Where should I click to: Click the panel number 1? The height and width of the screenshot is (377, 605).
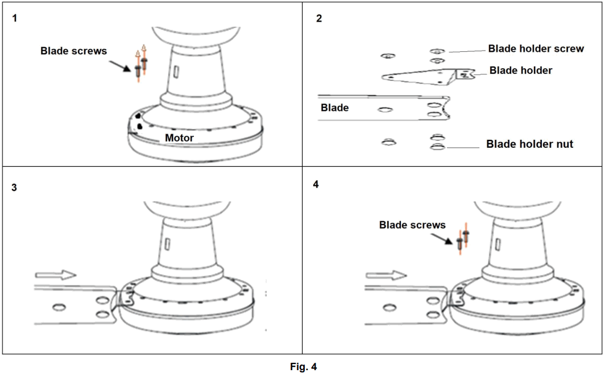pyautogui.click(x=15, y=18)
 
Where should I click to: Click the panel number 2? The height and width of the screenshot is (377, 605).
pyautogui.click(x=319, y=18)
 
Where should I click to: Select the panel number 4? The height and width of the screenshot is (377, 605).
pyautogui.click(x=316, y=185)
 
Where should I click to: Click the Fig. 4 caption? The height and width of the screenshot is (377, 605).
pyautogui.click(x=303, y=367)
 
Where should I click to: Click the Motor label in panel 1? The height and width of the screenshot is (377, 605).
pyautogui.click(x=179, y=138)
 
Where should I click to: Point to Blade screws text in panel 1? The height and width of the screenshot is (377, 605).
pyautogui.click(x=73, y=51)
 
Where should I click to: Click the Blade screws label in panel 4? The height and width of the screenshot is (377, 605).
pyautogui.click(x=412, y=225)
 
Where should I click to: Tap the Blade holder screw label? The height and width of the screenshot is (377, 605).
pyautogui.click(x=536, y=49)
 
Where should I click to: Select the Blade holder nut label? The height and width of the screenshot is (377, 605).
pyautogui.click(x=529, y=144)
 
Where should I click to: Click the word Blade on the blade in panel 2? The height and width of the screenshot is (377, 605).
pyautogui.click(x=335, y=107)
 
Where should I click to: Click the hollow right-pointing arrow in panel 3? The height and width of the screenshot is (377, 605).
pyautogui.click(x=60, y=275)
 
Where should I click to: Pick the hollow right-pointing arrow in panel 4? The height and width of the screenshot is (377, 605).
pyautogui.click(x=386, y=275)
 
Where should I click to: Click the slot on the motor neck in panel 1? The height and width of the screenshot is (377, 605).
pyautogui.click(x=176, y=71)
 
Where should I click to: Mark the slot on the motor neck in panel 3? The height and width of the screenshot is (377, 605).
pyautogui.click(x=168, y=243)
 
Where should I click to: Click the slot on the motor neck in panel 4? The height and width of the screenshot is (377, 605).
pyautogui.click(x=498, y=243)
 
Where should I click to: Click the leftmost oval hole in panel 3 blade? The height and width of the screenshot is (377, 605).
pyautogui.click(x=57, y=308)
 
